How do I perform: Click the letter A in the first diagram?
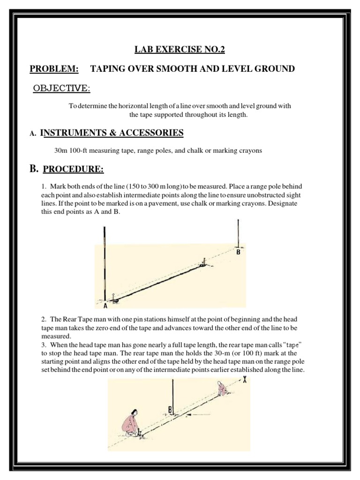point(106,306)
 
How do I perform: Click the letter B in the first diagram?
point(238,252)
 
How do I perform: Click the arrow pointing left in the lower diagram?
point(197,414)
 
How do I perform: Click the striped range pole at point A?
point(105,262)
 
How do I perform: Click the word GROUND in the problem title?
point(274,69)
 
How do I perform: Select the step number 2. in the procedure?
point(45,319)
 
